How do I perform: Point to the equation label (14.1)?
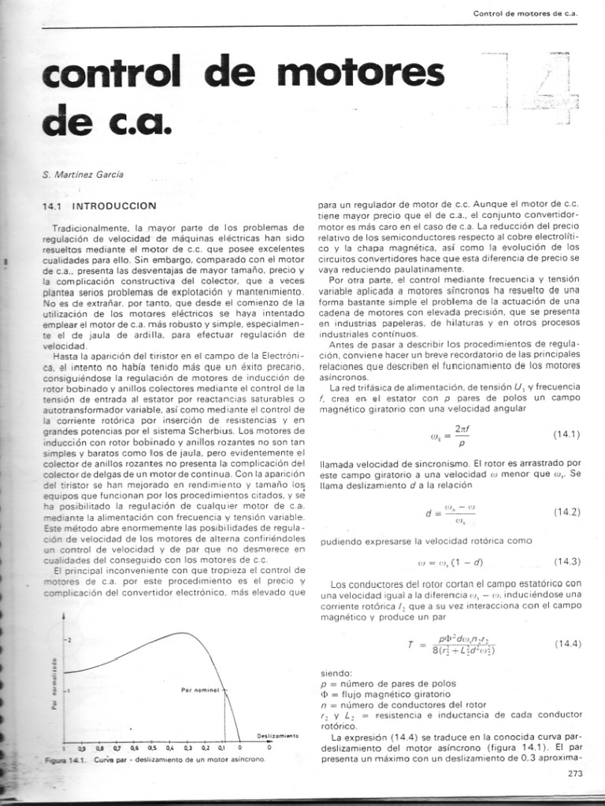(x=566, y=434)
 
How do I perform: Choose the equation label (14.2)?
(x=566, y=512)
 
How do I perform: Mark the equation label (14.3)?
(x=566, y=561)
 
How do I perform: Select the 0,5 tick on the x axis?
(x=153, y=748)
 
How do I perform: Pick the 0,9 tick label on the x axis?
(x=81, y=748)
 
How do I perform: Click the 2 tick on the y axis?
(x=68, y=640)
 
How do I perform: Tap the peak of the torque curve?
(x=181, y=633)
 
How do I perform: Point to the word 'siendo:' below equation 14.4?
(x=337, y=674)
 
